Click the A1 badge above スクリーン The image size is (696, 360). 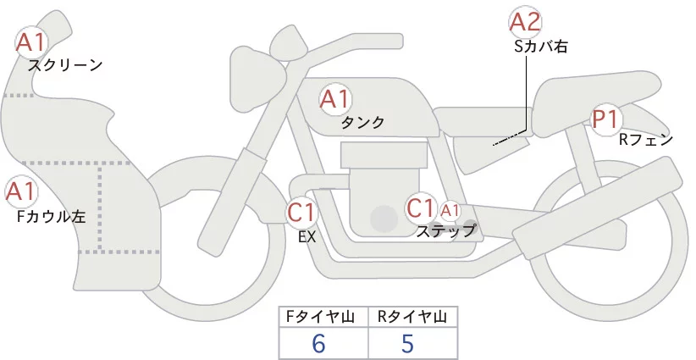33,41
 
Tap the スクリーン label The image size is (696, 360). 65,64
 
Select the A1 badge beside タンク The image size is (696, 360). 334,100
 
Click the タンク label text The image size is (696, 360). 362,123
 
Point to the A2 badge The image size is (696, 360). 525,23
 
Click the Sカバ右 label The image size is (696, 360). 540,47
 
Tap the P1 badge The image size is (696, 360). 605,120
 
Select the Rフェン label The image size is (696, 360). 645,140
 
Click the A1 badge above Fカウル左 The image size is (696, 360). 20,191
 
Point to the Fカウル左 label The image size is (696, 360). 50,217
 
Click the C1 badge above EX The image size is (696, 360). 301,212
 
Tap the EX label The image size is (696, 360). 307,237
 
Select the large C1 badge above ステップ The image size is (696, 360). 421,208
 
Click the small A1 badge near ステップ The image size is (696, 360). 450,209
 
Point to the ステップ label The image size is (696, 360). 445,230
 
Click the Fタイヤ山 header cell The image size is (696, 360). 324,317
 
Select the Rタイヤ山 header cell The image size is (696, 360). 412,317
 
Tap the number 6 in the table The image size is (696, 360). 318,343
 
